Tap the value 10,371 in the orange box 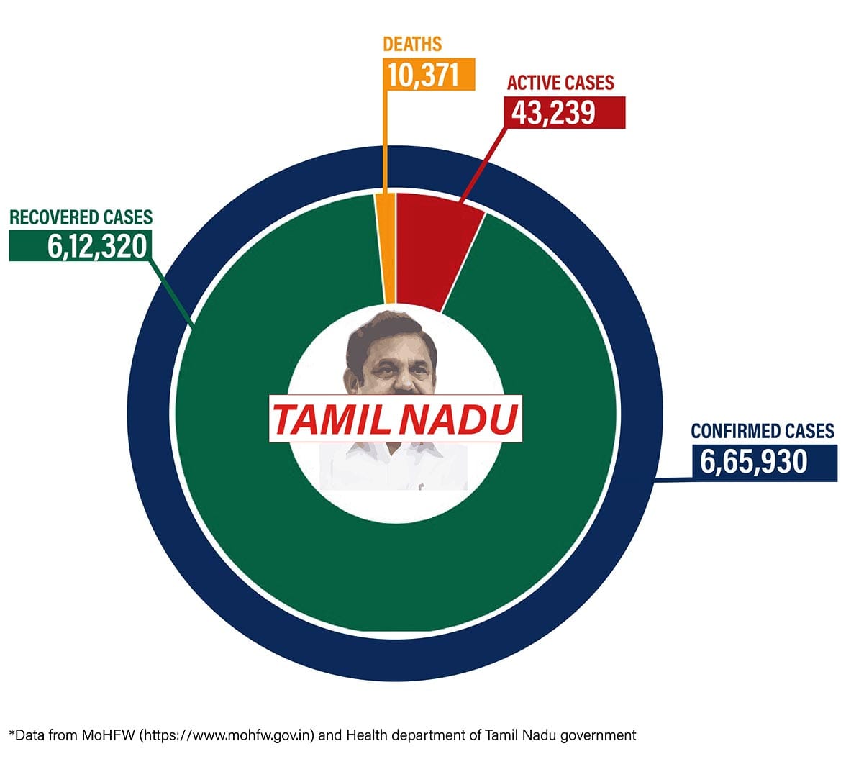(x=423, y=74)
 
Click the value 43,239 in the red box (x=553, y=113)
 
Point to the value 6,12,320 (x=97, y=246)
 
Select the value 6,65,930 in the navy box (x=754, y=460)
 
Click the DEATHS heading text (x=412, y=44)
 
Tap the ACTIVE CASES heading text (x=560, y=83)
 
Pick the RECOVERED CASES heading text (x=81, y=217)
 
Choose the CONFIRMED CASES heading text (x=763, y=431)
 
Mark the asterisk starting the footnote (x=11, y=733)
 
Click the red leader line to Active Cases (x=486, y=162)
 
